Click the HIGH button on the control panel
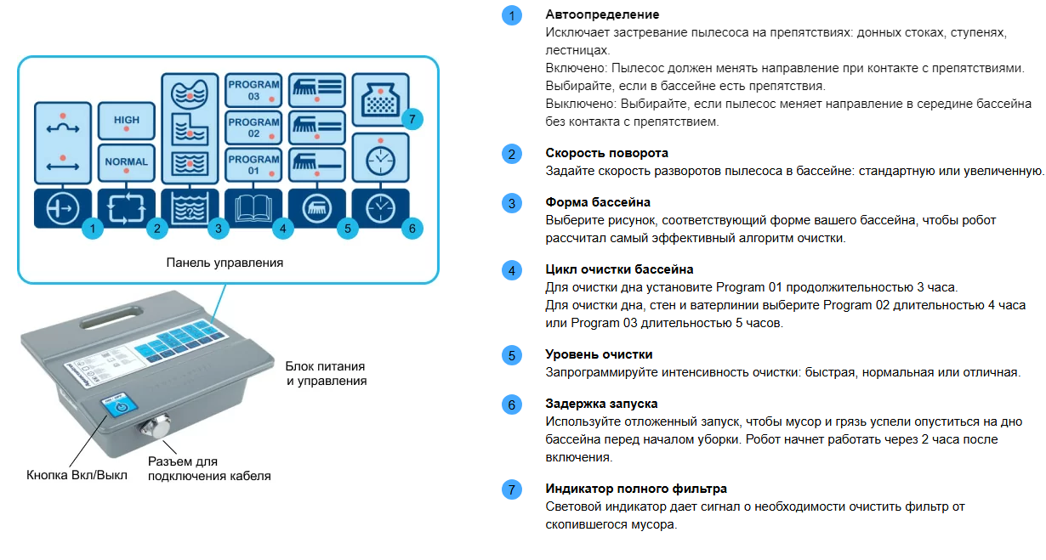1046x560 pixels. click(126, 121)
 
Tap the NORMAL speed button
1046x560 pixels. click(126, 163)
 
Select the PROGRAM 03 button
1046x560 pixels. click(253, 91)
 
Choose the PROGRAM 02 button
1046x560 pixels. click(253, 127)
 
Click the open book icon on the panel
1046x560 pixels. click(253, 208)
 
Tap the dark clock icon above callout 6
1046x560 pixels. click(381, 208)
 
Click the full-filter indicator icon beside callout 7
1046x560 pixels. click(381, 99)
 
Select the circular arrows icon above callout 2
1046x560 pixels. click(126, 208)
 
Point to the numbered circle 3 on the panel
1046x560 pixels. click(219, 229)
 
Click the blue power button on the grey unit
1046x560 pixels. click(120, 405)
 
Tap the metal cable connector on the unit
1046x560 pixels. click(156, 427)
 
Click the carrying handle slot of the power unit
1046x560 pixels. click(111, 317)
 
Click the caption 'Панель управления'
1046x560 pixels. click(225, 263)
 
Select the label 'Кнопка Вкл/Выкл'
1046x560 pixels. click(77, 475)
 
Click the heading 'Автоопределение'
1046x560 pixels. click(602, 14)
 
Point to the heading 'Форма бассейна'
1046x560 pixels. click(598, 202)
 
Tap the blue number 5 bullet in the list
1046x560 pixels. click(512, 355)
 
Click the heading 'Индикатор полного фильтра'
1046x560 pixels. click(636, 489)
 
